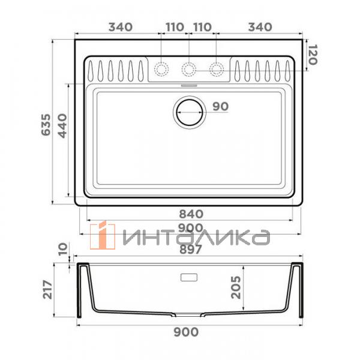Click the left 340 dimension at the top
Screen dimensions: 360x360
[x=120, y=27]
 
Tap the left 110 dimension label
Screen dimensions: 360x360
[x=174, y=27]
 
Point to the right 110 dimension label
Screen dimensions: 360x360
[x=203, y=27]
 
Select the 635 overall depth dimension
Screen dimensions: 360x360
[x=44, y=125]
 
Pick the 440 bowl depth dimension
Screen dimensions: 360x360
[x=62, y=126]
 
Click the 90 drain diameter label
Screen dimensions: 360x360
[x=220, y=107]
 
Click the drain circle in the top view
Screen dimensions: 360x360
[x=189, y=111]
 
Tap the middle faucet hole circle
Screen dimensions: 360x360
[x=189, y=69]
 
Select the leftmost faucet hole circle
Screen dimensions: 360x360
[x=161, y=69]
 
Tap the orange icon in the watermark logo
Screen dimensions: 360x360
[x=104, y=235]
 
